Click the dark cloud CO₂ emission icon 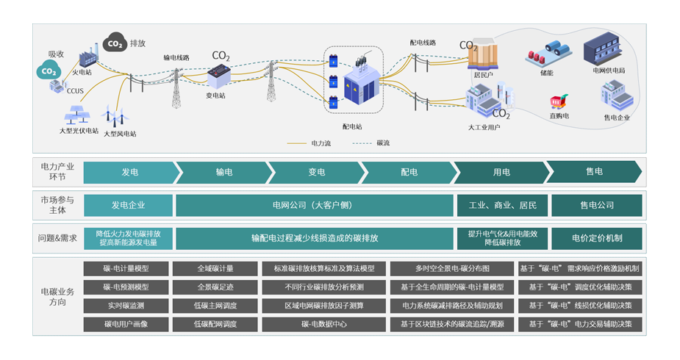(x=115, y=44)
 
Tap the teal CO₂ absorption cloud (x=48, y=71)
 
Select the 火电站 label (x=82, y=73)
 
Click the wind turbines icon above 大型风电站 (x=115, y=115)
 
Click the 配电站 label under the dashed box (x=353, y=126)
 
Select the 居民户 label (x=483, y=73)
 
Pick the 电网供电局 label (x=608, y=71)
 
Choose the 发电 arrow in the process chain (x=129, y=172)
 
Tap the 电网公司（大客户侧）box (x=315, y=205)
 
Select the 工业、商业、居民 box (x=502, y=205)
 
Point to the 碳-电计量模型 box (x=126, y=268)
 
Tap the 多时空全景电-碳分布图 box (x=451, y=268)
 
